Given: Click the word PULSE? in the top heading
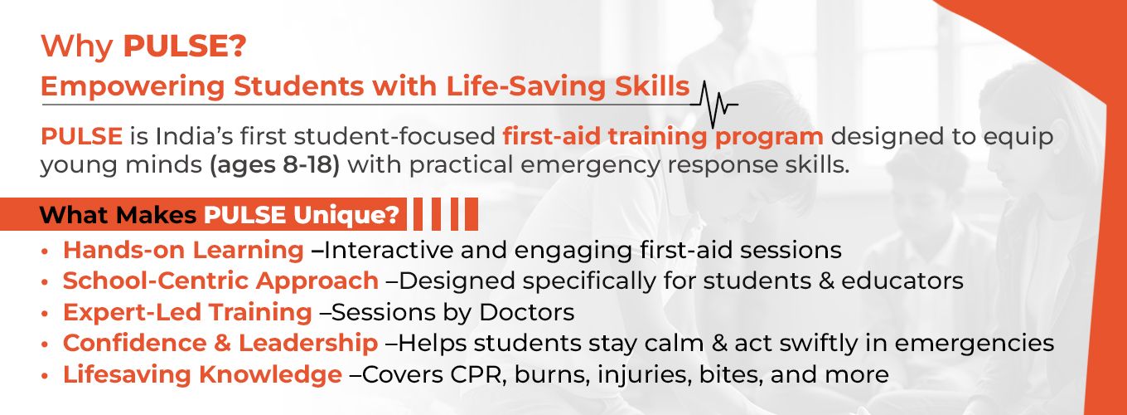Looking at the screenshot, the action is pos(185,46).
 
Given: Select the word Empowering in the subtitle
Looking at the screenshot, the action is pos(133,87).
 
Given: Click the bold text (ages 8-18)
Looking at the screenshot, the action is pos(275,165).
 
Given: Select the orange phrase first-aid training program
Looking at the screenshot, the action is pos(663,137).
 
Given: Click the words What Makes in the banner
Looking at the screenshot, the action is pos(118,215).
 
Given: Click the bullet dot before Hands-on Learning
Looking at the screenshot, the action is pos(46,251).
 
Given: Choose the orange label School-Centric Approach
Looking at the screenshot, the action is pos(220,281).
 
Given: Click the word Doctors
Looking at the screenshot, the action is pos(526,312).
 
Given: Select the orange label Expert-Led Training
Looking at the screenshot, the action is pos(187,313).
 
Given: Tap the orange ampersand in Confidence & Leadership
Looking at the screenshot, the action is pos(222,343).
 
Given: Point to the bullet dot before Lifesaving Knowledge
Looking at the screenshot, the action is pos(46,375).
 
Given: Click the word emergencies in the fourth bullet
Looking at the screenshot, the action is pos(974,344).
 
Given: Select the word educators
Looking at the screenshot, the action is pos(902,281).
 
